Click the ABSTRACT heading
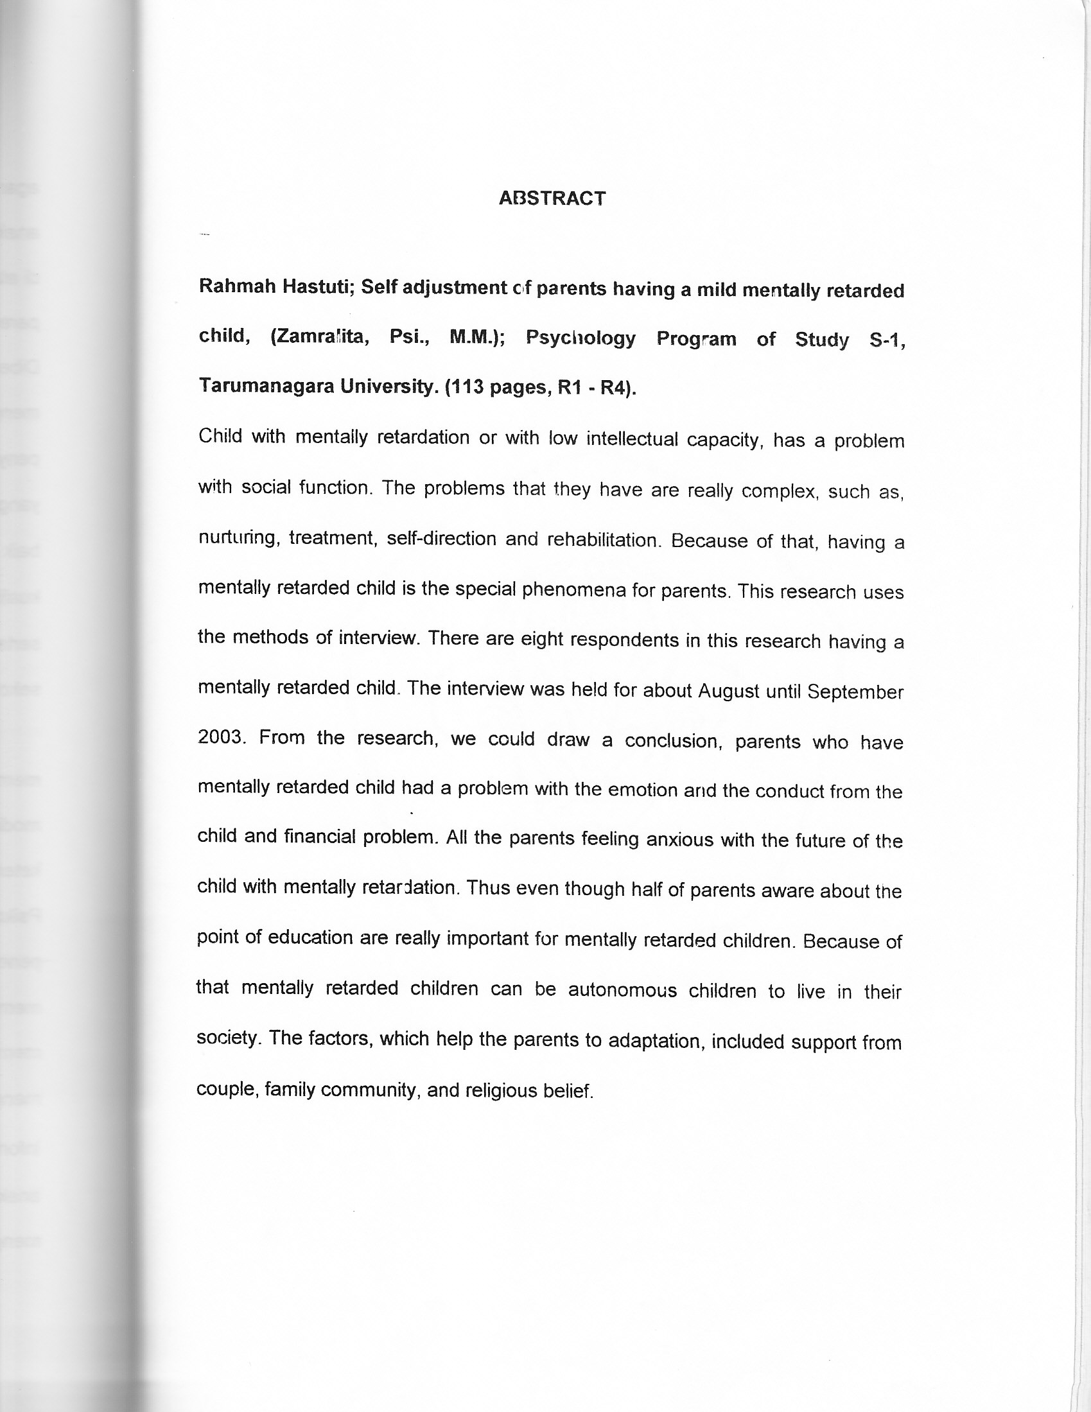(x=552, y=198)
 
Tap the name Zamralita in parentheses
(x=319, y=337)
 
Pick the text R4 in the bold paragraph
(x=615, y=388)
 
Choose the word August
(x=728, y=691)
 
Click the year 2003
(x=220, y=738)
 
